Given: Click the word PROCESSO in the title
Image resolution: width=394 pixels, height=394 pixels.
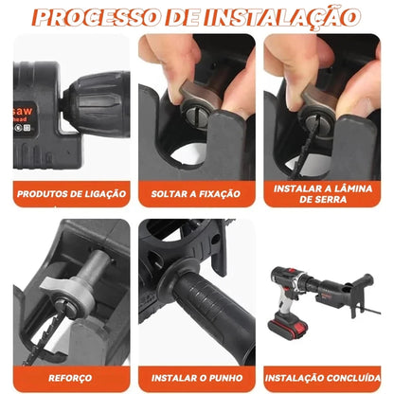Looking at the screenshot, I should pos(112,17).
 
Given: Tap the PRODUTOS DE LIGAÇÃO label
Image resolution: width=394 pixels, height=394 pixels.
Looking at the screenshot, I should pos(71,193).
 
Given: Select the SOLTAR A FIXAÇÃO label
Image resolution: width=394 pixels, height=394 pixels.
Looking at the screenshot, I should pos(196,193).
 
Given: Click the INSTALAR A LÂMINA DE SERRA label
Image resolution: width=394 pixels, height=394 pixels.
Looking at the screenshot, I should pos(321,193).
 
